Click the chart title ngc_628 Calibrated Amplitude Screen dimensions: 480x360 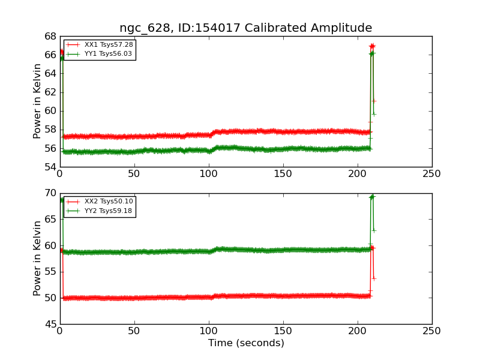(245, 28)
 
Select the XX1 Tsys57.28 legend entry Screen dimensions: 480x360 (100, 44)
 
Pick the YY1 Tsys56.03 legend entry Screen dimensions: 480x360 (100, 54)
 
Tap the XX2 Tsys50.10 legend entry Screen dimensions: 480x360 (100, 202)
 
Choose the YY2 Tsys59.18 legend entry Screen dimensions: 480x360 (100, 211)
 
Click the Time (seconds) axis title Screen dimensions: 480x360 (246, 343)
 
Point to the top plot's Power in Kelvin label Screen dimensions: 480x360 (37, 101)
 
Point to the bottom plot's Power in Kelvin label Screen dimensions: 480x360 (37, 259)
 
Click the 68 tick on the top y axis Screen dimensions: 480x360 (50, 37)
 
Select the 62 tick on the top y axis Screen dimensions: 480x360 (50, 92)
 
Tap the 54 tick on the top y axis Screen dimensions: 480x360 (50, 167)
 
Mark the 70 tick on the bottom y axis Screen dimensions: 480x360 (50, 193)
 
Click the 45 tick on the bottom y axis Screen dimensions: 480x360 (50, 324)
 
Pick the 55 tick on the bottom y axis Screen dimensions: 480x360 (50, 272)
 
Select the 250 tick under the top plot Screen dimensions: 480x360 (431, 174)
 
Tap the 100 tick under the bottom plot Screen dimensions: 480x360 (209, 331)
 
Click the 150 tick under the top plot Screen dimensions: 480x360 (283, 174)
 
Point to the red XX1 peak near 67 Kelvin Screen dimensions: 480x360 (372, 46)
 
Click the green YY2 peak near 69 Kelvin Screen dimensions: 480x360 (372, 196)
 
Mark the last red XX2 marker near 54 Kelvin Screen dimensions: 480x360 (374, 279)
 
